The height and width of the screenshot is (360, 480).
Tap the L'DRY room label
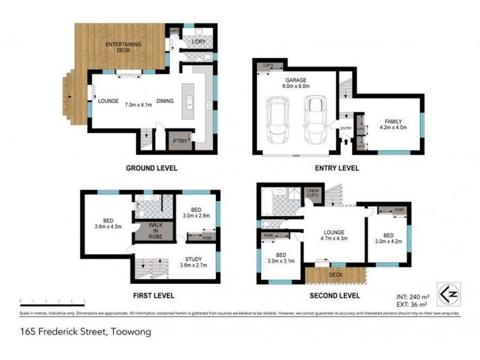(x=198, y=41)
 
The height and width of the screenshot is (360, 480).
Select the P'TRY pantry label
(x=179, y=141)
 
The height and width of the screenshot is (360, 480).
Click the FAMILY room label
(x=390, y=124)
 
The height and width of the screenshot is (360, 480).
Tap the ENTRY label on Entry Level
(x=346, y=128)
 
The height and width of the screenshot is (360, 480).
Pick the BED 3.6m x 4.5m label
(x=108, y=223)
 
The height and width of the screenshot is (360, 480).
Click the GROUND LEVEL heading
(x=152, y=168)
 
